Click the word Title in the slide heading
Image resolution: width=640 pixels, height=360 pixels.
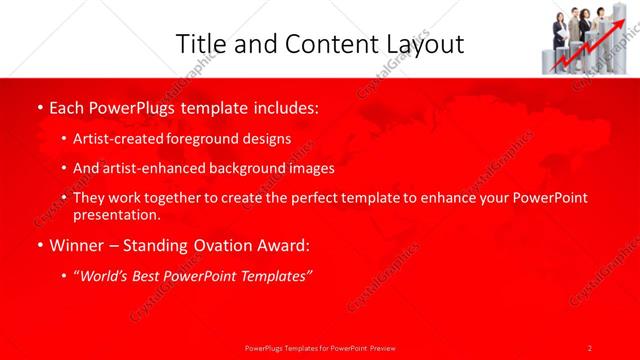198,43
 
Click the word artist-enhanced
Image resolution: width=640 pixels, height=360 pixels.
148,168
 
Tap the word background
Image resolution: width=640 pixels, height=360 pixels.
244,168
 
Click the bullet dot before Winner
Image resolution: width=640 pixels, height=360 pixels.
39,245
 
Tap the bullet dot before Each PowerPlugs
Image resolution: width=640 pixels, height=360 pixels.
39,108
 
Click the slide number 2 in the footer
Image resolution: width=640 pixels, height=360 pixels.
589,348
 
